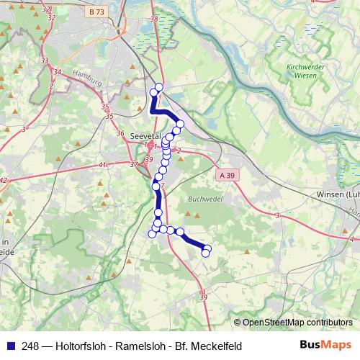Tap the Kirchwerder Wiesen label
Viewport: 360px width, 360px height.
(x=297, y=70)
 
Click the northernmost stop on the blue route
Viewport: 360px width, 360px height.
(x=159, y=88)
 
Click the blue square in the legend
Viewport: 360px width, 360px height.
(x=9, y=346)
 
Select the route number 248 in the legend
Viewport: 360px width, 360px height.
(x=30, y=346)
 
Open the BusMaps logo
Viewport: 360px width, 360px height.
(x=326, y=346)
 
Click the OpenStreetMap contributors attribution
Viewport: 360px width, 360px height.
(x=297, y=323)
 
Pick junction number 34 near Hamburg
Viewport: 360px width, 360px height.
(x=58, y=72)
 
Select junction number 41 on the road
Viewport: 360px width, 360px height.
(x=102, y=165)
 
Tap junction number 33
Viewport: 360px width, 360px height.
(x=45, y=60)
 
